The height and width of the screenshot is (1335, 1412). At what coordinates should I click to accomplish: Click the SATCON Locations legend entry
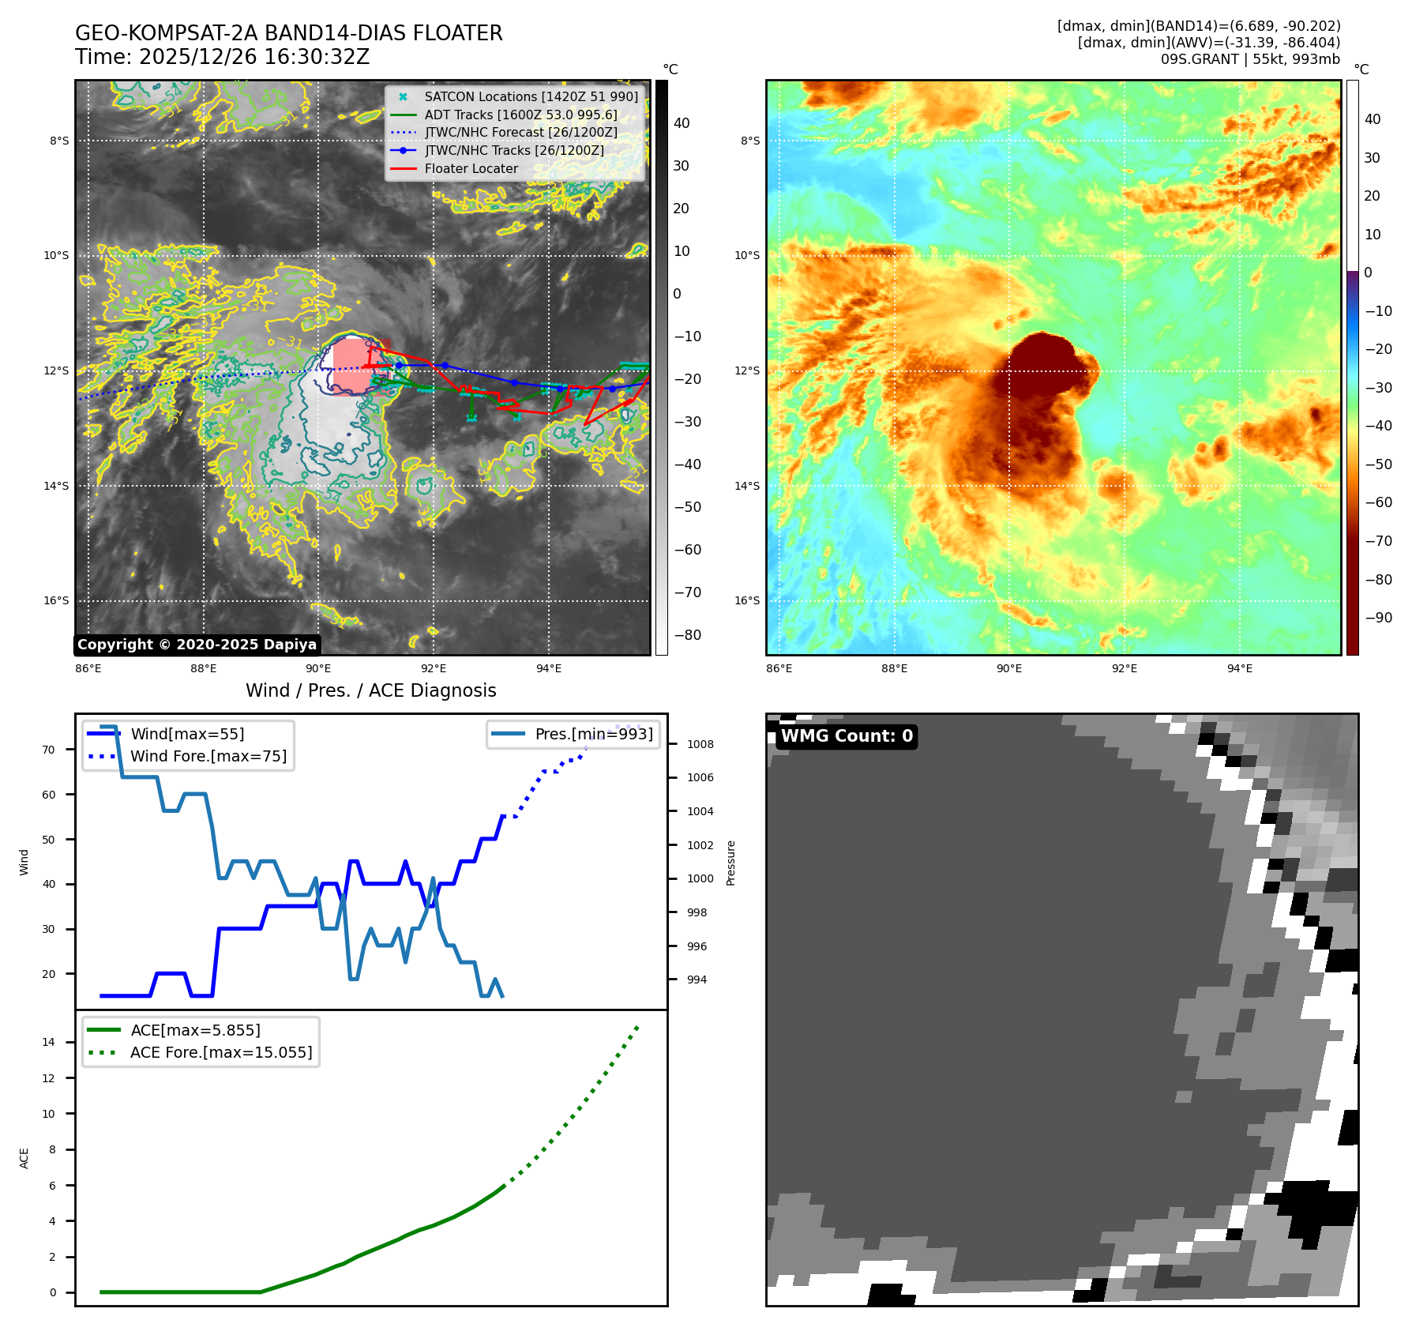[x=531, y=96]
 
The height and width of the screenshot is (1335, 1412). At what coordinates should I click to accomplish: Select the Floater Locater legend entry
[x=471, y=168]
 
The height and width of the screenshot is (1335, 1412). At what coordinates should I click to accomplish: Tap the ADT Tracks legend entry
[x=520, y=115]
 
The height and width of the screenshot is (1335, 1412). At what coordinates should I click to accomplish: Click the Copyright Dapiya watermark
[x=197, y=645]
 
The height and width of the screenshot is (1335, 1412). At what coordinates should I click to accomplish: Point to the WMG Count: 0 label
[x=847, y=736]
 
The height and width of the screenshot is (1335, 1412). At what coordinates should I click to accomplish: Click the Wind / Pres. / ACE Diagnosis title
[x=370, y=690]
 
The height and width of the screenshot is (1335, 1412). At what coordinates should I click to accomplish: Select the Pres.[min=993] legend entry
[x=593, y=734]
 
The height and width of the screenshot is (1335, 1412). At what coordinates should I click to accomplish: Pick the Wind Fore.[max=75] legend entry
[x=208, y=756]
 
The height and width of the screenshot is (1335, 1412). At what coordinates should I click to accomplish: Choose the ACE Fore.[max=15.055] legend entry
[x=221, y=1052]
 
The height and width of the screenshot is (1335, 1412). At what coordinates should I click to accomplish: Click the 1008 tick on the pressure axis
[x=700, y=744]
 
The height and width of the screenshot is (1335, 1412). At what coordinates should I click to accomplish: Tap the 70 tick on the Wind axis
[x=49, y=750]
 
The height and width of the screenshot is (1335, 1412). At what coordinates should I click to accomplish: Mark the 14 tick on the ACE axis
[x=49, y=1042]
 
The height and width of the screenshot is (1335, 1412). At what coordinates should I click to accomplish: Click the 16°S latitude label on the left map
[x=56, y=600]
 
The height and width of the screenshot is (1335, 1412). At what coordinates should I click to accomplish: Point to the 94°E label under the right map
[x=1239, y=668]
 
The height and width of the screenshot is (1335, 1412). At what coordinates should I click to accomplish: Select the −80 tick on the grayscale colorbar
[x=687, y=635]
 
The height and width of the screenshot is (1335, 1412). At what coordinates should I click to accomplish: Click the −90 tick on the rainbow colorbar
[x=1378, y=618]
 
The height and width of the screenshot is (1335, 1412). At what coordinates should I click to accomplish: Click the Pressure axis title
[x=730, y=863]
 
